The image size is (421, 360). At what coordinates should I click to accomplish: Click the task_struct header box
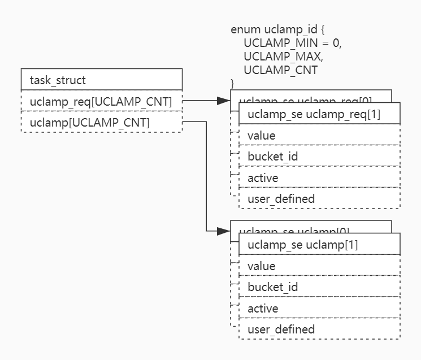pos(101,80)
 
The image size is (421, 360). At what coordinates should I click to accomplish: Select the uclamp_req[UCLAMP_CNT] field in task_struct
pos(101,101)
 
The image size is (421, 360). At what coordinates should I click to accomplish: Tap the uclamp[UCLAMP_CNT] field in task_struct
pos(101,122)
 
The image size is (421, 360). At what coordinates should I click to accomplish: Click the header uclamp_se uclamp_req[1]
pos(319,114)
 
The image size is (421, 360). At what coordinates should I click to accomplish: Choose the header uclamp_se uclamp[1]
pos(319,245)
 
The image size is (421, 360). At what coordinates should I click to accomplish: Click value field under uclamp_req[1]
pos(319,136)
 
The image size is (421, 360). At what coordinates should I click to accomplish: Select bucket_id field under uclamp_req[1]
pos(319,157)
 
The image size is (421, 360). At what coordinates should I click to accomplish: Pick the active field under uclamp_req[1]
pos(319,178)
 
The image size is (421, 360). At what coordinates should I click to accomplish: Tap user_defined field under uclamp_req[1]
pos(319,199)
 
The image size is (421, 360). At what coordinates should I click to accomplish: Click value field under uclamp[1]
pos(319,266)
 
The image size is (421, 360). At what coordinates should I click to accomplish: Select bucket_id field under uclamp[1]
pos(319,287)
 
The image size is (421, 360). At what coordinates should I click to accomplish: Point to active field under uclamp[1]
pos(319,309)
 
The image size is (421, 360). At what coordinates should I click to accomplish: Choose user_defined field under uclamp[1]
pos(319,329)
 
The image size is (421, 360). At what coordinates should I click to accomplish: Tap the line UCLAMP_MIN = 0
pos(293,43)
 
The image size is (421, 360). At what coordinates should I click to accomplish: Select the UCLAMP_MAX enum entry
pos(283,57)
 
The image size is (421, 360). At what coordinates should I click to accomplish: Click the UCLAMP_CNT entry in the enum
pos(280,70)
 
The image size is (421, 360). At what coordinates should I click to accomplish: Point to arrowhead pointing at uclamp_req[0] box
pos(224,101)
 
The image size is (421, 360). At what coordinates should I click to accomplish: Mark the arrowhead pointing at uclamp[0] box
pos(224,231)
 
